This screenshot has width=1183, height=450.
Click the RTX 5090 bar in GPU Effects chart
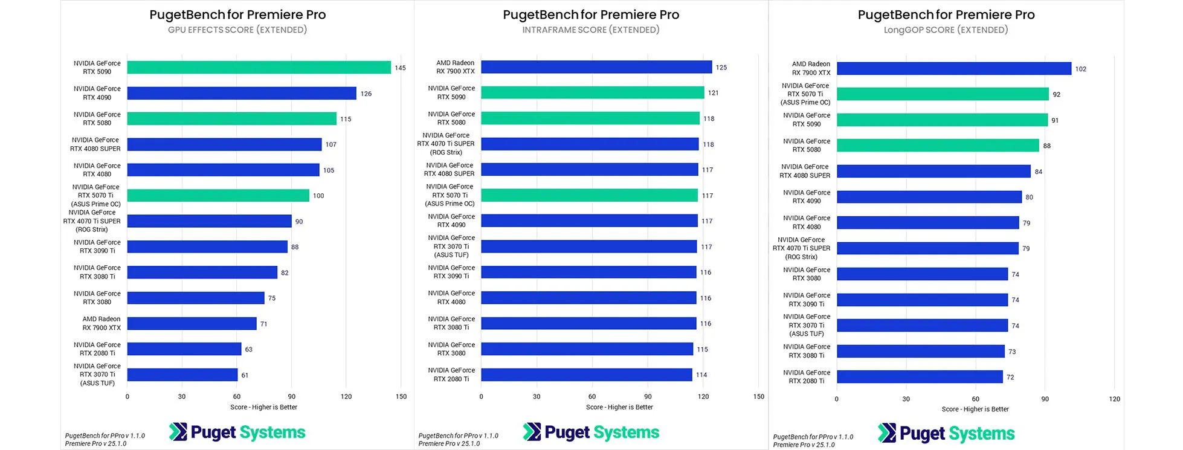pos(259,68)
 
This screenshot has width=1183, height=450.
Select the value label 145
pos(400,68)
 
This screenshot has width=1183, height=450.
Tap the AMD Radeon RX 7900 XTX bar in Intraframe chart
pos(596,67)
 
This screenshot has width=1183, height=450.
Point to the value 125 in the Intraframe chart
pos(721,68)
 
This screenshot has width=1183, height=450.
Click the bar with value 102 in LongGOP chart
pos(953,69)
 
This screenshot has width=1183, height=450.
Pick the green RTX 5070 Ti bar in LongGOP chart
pos(943,94)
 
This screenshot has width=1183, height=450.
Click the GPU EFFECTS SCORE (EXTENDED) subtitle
pos(237,30)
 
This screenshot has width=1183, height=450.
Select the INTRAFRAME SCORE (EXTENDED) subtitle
pos(591,30)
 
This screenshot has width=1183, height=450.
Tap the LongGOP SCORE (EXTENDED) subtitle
pos(946,30)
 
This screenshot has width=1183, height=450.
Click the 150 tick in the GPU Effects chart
pos(401,396)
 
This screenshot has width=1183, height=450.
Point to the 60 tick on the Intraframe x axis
pos(592,396)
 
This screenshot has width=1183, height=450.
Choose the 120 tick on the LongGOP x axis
pos(1115,399)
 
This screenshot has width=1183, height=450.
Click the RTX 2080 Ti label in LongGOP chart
pos(807,377)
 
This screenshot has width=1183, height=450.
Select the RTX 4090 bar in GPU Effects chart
pos(242,93)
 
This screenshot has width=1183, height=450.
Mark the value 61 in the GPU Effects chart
pos(245,375)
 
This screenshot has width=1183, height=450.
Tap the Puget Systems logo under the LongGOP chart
pos(946,433)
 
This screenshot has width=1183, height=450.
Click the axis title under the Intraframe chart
pos(619,407)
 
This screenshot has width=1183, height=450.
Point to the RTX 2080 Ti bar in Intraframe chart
pos(586,375)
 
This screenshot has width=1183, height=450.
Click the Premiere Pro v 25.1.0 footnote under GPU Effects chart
pos(96,443)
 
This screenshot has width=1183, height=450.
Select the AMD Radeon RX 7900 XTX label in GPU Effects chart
pos(102,323)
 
